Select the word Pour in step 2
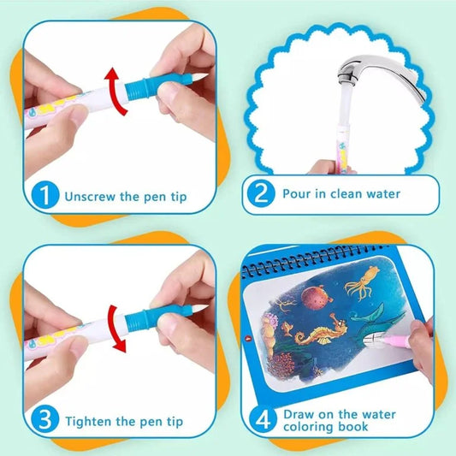297,193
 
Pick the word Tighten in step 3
92,422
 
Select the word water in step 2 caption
379,193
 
